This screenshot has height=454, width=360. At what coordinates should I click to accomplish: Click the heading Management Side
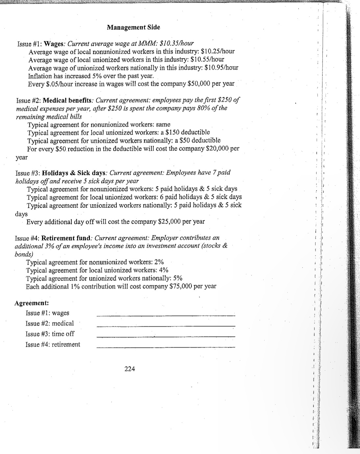pos(133,27)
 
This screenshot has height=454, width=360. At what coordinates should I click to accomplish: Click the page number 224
pos(130,369)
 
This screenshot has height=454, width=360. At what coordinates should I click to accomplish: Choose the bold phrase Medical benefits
pos(68,100)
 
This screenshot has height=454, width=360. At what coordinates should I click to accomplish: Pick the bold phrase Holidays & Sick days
pos(74,173)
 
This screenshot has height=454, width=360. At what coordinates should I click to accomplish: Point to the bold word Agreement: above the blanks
pos(32,303)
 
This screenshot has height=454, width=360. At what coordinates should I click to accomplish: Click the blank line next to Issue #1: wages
pos(166,315)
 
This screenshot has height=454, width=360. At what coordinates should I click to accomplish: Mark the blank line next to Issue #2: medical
pos(166,326)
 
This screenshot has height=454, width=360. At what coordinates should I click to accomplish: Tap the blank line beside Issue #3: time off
pos(166,336)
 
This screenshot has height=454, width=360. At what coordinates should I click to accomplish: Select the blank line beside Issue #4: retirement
pos(166,347)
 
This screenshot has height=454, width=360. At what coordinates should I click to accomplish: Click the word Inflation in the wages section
pos(42,76)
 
